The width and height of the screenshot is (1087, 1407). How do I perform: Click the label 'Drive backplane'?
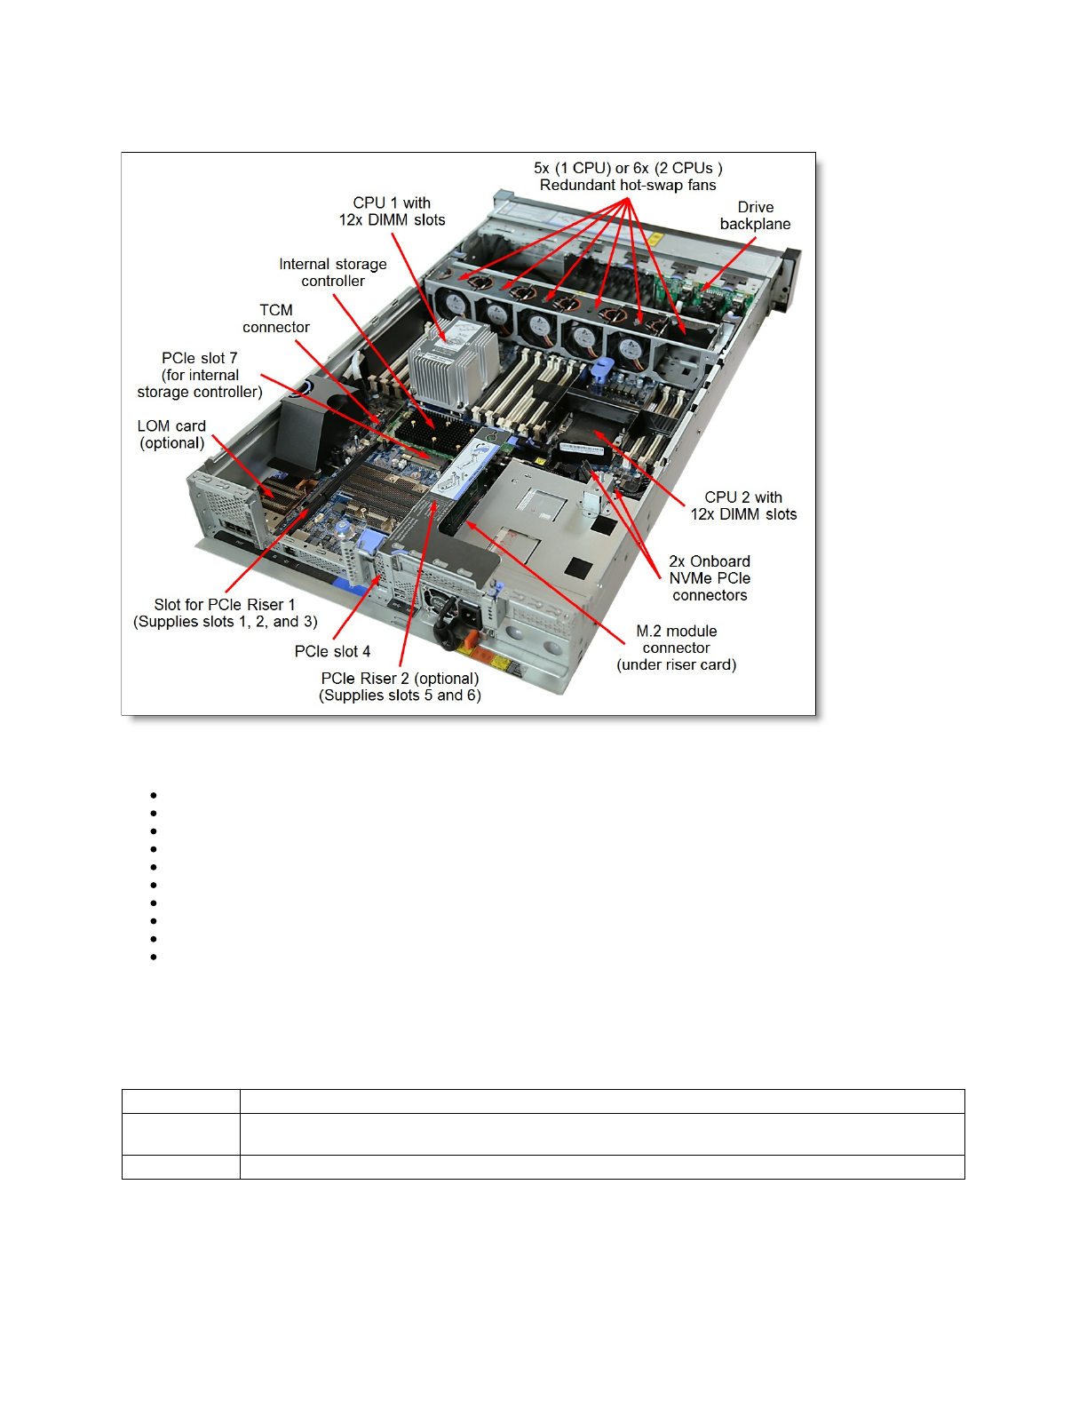click(x=755, y=216)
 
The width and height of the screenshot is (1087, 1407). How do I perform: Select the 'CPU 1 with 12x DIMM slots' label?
click(x=392, y=211)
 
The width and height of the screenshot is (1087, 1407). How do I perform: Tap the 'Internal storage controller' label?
click(x=333, y=273)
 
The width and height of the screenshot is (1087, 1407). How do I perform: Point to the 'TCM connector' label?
click(x=276, y=319)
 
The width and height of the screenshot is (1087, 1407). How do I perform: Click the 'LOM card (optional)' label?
click(x=171, y=434)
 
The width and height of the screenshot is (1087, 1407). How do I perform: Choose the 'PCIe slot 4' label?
click(x=332, y=651)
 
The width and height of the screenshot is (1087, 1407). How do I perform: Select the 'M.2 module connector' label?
click(x=677, y=648)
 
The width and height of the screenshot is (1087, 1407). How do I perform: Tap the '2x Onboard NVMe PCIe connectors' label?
click(x=710, y=578)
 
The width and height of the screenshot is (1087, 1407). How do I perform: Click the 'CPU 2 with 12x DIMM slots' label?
click(x=743, y=505)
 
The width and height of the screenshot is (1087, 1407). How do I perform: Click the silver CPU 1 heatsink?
click(x=453, y=364)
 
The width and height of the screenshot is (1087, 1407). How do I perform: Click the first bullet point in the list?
click(x=154, y=795)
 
